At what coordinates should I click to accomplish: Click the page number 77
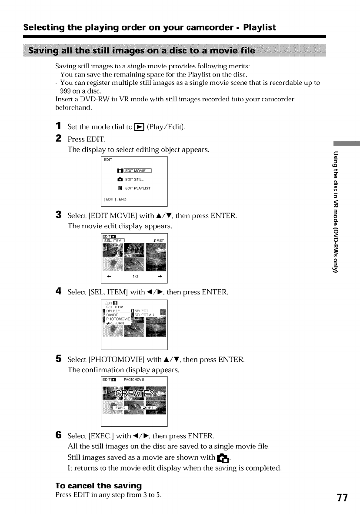coord(342,497)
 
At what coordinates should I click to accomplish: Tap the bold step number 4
coord(58,291)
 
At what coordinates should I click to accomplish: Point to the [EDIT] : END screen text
coord(115,200)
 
